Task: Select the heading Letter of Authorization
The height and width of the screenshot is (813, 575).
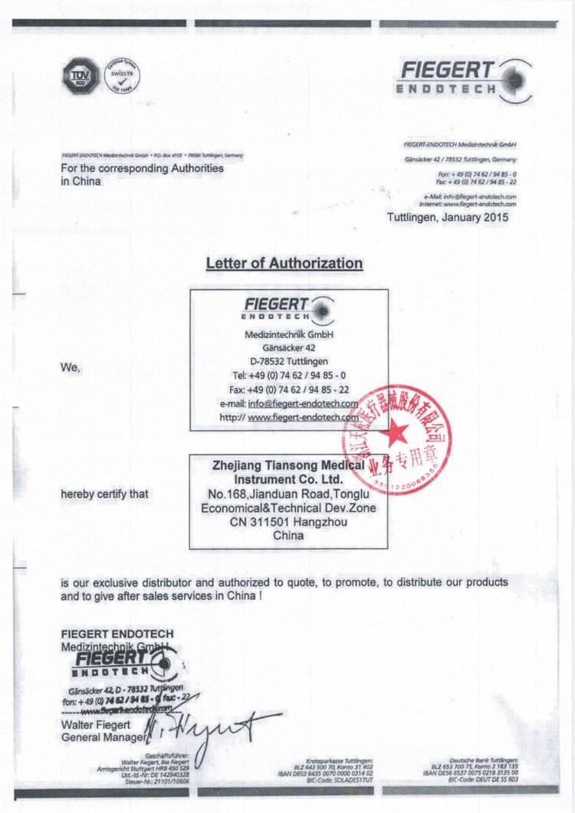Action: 284,263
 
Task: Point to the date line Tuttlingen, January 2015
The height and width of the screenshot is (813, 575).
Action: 447,217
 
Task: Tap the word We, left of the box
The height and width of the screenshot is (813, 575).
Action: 71,367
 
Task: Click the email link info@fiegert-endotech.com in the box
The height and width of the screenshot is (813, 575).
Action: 303,403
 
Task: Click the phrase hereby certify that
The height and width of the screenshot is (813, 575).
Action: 104,494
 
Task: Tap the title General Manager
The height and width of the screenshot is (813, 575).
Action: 102,738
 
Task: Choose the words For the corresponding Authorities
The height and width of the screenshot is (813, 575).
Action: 143,168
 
